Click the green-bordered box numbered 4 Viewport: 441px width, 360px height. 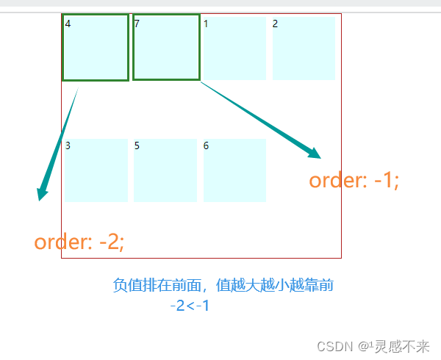click(x=96, y=48)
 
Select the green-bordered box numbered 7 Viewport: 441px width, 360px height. click(x=166, y=48)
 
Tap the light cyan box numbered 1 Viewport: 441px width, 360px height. click(x=234, y=48)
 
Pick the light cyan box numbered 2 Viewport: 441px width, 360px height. click(x=304, y=48)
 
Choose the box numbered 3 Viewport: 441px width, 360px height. click(x=96, y=170)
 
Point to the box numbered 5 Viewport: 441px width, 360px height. click(x=165, y=170)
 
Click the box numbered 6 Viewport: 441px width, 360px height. click(x=234, y=170)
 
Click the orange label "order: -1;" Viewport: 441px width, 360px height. click(x=354, y=180)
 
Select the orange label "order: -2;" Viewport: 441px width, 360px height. click(x=79, y=242)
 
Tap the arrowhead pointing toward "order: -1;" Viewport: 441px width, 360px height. click(x=315, y=154)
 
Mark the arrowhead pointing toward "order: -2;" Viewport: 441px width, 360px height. click(x=42, y=195)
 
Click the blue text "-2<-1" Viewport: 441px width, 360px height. click(x=190, y=306)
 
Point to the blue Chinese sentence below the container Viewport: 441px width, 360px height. click(x=223, y=285)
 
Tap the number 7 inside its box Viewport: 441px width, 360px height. click(x=137, y=24)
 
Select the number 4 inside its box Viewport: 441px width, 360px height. click(x=68, y=24)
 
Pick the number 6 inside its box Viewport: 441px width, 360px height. click(x=207, y=145)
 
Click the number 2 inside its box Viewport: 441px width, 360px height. click(x=276, y=24)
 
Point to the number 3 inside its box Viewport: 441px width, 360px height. click(x=68, y=145)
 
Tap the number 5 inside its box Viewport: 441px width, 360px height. click(x=137, y=145)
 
